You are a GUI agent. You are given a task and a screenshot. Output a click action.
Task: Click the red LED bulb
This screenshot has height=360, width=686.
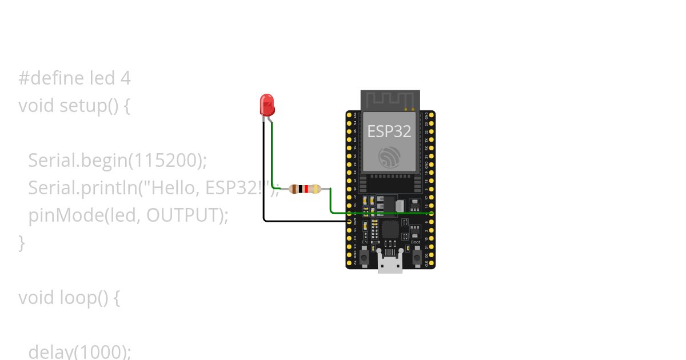[267, 105]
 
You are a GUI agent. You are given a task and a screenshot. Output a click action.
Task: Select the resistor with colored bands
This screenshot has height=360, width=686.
[304, 189]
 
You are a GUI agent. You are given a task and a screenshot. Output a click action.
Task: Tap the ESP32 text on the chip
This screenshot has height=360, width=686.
[389, 131]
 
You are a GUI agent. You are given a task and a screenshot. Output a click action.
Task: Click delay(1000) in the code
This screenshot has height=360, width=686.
[79, 351]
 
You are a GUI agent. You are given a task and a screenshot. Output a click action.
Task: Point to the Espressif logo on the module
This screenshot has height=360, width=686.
[389, 157]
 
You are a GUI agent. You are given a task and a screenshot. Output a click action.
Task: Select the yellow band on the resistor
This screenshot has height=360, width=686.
[317, 189]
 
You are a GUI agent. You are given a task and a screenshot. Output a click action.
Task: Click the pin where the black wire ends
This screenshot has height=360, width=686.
[349, 221]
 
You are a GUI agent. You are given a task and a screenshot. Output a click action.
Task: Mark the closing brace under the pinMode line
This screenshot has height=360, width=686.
[22, 243]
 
